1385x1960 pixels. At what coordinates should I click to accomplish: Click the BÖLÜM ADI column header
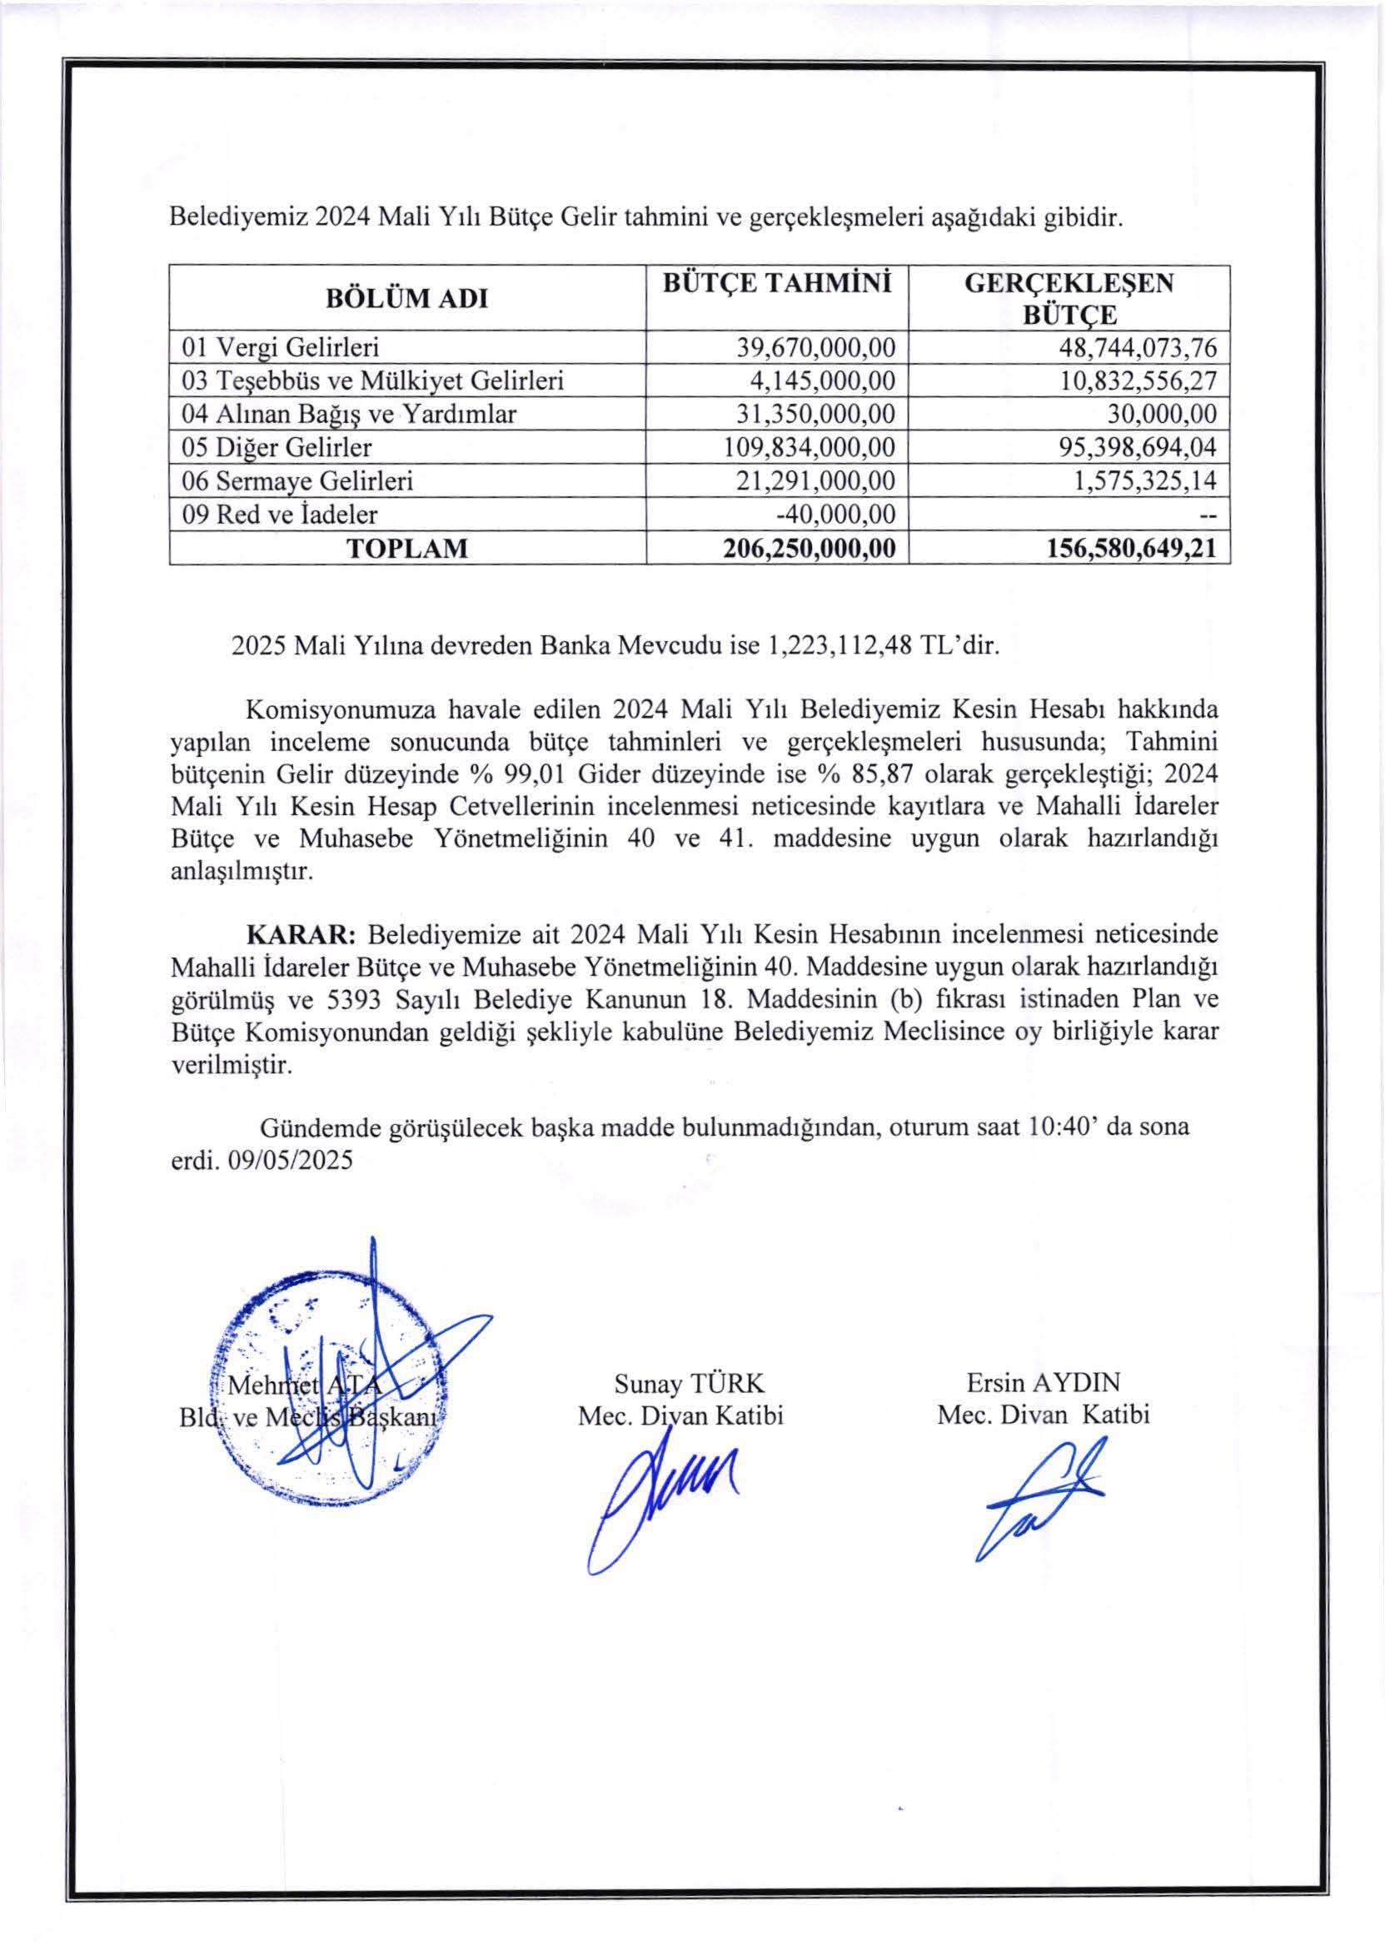pyautogui.click(x=406, y=299)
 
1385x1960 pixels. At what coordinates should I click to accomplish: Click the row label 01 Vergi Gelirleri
pyautogui.click(x=281, y=347)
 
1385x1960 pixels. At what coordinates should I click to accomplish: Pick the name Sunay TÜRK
pyautogui.click(x=689, y=1383)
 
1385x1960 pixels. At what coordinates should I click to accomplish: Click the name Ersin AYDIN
pyautogui.click(x=1043, y=1382)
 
